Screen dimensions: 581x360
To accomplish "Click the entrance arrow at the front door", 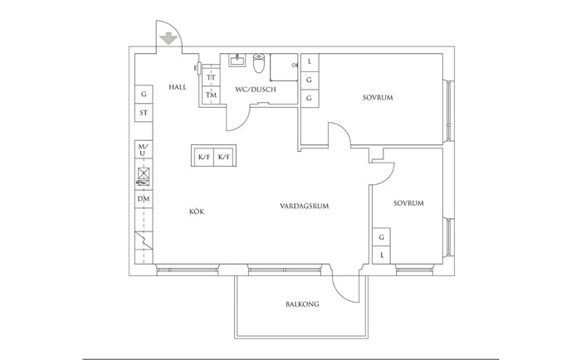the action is coord(168,38).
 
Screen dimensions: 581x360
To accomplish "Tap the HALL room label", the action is coord(178,87).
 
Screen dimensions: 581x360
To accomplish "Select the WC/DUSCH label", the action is coord(256,90).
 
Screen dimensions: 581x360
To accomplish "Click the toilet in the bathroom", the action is coord(259,63).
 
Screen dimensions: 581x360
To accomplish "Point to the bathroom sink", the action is coord(237,60).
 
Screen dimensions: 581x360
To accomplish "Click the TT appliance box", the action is coord(211,78).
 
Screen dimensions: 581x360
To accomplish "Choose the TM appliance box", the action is coord(211,95).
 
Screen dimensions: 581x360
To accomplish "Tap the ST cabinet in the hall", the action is coord(144,112).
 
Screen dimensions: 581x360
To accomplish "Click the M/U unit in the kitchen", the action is coord(144,149).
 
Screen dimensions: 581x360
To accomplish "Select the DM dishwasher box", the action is coord(144,199).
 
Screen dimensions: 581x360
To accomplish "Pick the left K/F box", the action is coord(204,157).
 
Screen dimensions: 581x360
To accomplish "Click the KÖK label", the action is coord(197,212).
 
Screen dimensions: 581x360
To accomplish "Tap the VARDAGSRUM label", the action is coord(305,206).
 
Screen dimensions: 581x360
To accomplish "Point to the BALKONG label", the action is coord(302,304).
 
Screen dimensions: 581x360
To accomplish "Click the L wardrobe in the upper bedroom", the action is coord(310,62).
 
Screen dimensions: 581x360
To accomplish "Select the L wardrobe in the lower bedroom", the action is coord(381,255).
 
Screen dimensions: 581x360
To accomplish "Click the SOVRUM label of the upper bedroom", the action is coord(378,98).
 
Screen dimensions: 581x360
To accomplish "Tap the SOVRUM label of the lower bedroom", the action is coord(408,203).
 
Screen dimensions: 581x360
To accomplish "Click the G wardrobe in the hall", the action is coord(144,94).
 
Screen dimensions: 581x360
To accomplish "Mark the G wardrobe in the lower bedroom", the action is coord(381,237).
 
